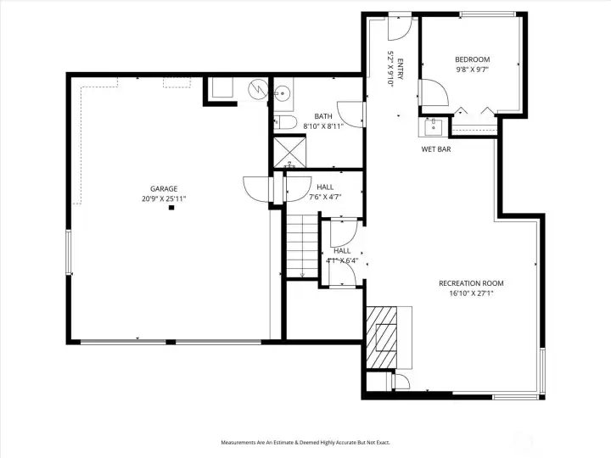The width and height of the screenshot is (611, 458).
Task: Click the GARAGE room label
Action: pyautogui.click(x=164, y=189)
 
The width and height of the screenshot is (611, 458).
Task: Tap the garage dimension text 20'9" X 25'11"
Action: pyautogui.click(x=164, y=199)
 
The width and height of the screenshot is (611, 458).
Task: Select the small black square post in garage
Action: pyautogui.click(x=171, y=208)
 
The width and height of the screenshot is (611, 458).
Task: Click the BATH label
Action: pyautogui.click(x=323, y=116)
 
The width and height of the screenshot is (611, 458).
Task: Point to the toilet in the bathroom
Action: pyautogui.click(x=285, y=123)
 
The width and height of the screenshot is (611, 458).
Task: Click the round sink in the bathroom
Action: pyautogui.click(x=281, y=93)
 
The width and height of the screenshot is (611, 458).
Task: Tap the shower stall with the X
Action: pyautogui.click(x=289, y=152)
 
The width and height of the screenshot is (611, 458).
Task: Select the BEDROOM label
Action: pyautogui.click(x=473, y=59)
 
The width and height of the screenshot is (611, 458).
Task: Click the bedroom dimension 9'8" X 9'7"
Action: pyautogui.click(x=473, y=70)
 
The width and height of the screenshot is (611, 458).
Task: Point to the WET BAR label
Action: pyautogui.click(x=436, y=149)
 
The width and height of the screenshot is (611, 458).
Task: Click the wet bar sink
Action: pyautogui.click(x=434, y=126)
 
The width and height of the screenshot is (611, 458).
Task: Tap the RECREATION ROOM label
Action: pyautogui.click(x=471, y=283)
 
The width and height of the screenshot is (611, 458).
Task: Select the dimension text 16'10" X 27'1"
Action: pyautogui.click(x=471, y=293)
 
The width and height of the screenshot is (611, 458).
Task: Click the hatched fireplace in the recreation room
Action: pyautogui.click(x=382, y=338)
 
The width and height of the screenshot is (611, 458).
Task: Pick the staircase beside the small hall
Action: pyautogui.click(x=302, y=246)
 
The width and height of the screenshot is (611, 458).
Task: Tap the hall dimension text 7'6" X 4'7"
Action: pyautogui.click(x=325, y=197)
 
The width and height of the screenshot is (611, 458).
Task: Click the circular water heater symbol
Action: pyautogui.click(x=258, y=89)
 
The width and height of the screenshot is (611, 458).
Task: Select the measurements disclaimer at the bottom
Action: pyautogui.click(x=305, y=443)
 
